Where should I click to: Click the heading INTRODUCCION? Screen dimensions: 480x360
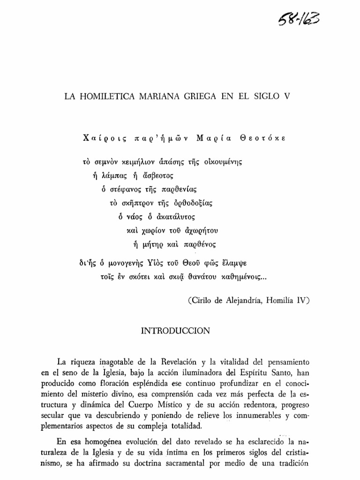coord(176,330)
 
